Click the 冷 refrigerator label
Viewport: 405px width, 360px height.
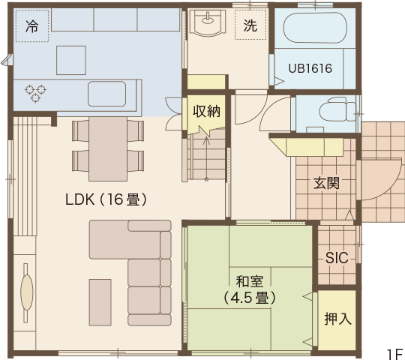(x=32, y=26)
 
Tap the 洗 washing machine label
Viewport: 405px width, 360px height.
(x=250, y=25)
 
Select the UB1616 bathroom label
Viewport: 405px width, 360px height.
(x=310, y=69)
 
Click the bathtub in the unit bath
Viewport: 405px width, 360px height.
(x=315, y=28)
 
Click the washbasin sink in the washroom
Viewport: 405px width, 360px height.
(x=208, y=22)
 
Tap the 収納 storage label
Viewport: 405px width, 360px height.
(x=206, y=112)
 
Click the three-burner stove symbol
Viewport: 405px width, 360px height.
(x=35, y=93)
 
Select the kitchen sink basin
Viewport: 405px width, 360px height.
(x=106, y=94)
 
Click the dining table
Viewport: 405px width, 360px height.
(x=108, y=149)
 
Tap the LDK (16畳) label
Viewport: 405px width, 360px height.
(x=106, y=199)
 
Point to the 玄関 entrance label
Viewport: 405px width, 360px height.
(x=326, y=183)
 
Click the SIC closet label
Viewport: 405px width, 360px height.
(x=337, y=258)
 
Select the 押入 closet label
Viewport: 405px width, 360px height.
(x=337, y=319)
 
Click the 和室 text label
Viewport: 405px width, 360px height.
(x=249, y=281)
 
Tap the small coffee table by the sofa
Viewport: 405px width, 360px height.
(x=100, y=302)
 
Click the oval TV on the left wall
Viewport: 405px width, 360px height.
(x=26, y=292)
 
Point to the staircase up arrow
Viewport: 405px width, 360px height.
(x=206, y=158)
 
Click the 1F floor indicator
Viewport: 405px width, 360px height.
(x=395, y=354)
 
